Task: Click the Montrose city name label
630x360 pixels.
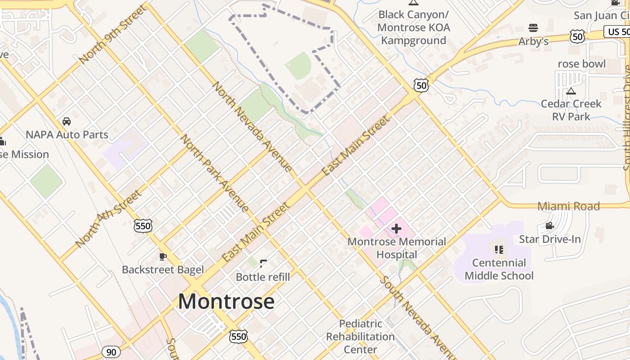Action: click(226, 301)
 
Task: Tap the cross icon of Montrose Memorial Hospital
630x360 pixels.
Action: click(396, 229)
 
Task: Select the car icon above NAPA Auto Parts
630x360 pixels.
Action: click(67, 121)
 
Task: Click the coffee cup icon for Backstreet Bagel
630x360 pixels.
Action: click(163, 257)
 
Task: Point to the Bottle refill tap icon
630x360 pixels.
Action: click(263, 264)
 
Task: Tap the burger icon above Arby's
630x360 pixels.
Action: click(533, 28)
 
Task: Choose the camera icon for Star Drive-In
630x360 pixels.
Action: click(549, 226)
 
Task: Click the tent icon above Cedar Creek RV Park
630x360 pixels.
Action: click(571, 91)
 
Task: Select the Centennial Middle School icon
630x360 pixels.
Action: click(499, 249)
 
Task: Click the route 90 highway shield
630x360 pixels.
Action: click(111, 352)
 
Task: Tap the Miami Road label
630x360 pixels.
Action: click(569, 206)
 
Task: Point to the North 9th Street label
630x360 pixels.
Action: click(112, 35)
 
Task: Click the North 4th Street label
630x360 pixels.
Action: click(108, 219)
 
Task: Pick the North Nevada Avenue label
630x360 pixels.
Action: click(252, 126)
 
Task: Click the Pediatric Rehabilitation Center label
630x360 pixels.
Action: click(360, 337)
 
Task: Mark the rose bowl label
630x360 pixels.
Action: click(581, 64)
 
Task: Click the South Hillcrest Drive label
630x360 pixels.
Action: click(626, 117)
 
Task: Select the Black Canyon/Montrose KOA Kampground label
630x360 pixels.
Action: click(414, 27)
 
